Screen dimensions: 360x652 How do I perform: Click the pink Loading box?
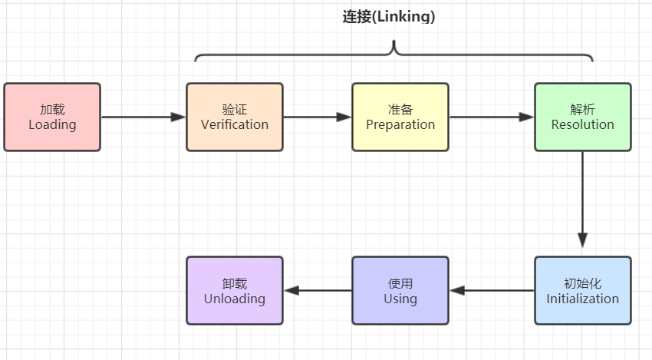[x=52, y=117]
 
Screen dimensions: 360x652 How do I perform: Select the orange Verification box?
[x=235, y=117]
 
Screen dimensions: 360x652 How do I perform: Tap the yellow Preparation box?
[x=400, y=117]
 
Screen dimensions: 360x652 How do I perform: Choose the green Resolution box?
[x=583, y=117]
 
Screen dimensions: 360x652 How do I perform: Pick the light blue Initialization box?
[x=583, y=290]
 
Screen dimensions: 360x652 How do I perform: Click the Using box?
[x=400, y=290]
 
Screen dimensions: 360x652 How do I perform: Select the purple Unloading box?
[x=235, y=290]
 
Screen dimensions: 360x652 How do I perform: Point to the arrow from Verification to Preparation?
[x=317, y=117]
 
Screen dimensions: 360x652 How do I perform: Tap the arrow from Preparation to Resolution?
[x=491, y=117]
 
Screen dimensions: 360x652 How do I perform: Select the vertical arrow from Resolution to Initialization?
[x=583, y=200]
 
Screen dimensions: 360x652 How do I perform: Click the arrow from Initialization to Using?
[x=491, y=291]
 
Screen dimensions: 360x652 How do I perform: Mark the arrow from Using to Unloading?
[x=317, y=291]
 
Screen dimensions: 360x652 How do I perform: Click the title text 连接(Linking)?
[x=388, y=16]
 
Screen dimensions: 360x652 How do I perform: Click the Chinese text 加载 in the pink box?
[x=52, y=110]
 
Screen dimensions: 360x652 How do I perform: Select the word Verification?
[x=235, y=124]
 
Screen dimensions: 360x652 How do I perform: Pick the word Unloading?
[x=235, y=299]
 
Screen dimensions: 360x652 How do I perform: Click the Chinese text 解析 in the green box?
[x=583, y=110]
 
